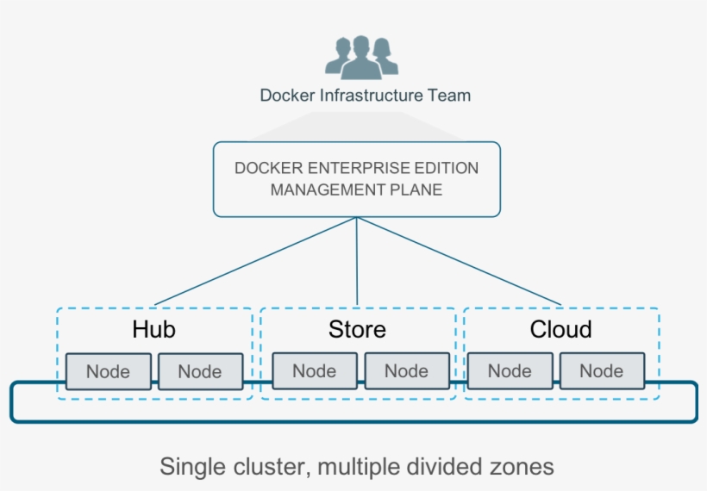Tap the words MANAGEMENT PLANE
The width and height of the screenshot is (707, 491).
point(356,190)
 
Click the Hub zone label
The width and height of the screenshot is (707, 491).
point(154,329)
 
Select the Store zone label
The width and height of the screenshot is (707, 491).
point(357,329)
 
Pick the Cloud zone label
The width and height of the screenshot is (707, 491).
point(560,329)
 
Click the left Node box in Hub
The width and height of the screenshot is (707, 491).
point(108,372)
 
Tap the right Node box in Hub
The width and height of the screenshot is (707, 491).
point(200,372)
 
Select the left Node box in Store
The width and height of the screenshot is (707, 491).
point(314,371)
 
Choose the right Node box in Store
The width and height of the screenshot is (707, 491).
point(406,371)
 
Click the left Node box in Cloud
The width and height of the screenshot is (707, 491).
point(510,371)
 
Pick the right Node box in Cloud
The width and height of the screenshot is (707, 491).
point(601,371)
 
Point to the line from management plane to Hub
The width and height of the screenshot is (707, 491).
point(259,261)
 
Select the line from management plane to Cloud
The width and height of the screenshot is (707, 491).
point(457,261)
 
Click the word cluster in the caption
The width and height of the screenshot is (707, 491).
point(268,467)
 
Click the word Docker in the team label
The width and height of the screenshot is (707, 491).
point(288,96)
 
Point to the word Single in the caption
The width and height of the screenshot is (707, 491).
point(190,467)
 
